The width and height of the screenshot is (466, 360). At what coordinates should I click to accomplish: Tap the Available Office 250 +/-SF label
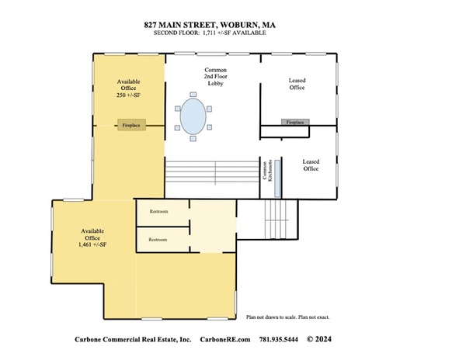click(128, 88)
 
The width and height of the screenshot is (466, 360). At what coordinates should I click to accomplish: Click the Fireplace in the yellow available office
click(130, 125)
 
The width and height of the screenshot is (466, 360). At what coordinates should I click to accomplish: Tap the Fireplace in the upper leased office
click(295, 123)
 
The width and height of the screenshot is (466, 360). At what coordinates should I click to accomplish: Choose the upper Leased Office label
click(297, 83)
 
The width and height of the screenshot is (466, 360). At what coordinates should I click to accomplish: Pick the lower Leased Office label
click(311, 165)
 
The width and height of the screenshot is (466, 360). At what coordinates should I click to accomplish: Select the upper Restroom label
click(158, 212)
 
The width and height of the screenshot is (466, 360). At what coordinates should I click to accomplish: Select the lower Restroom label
click(158, 240)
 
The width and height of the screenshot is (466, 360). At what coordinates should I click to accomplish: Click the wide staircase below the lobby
click(211, 172)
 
